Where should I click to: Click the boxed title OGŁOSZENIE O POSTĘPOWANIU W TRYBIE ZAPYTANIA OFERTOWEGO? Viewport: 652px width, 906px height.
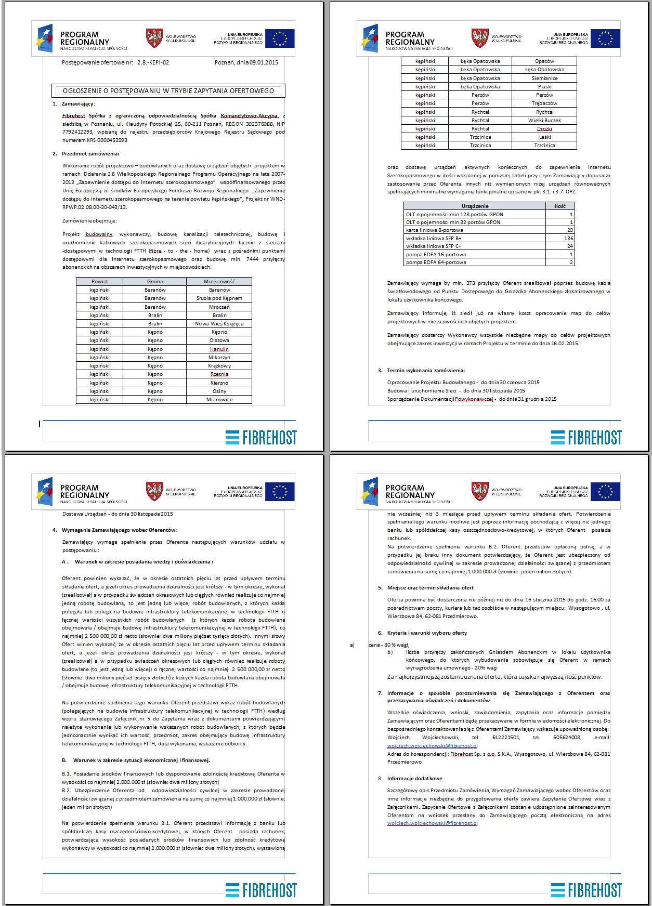pyautogui.click(x=168, y=90)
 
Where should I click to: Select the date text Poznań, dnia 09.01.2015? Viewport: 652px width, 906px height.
pyautogui.click(x=246, y=62)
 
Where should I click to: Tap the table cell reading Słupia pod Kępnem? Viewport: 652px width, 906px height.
pyautogui.click(x=219, y=298)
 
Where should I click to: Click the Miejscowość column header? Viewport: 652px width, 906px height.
pyautogui.click(x=219, y=282)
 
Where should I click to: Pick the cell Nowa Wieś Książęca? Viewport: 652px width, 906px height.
pyautogui.click(x=219, y=323)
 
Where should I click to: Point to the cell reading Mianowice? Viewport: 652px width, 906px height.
pyautogui.click(x=219, y=400)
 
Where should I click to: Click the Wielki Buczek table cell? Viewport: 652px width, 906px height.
pyautogui.click(x=544, y=121)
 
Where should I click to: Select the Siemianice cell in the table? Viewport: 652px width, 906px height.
pyautogui.click(x=544, y=78)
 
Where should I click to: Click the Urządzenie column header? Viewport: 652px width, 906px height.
pyautogui.click(x=475, y=206)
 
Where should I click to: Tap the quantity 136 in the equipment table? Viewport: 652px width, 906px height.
pyautogui.click(x=568, y=239)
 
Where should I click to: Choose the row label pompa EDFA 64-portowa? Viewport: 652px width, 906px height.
pyautogui.click(x=436, y=262)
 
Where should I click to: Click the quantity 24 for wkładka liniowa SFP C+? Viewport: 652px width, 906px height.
pyautogui.click(x=570, y=246)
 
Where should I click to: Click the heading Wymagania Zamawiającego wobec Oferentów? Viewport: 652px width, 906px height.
pyautogui.click(x=119, y=530)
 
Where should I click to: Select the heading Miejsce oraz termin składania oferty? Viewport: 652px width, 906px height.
pyautogui.click(x=430, y=588)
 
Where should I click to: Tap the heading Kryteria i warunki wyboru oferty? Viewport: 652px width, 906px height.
pyautogui.click(x=427, y=633)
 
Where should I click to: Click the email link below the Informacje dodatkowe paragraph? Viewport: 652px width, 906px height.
pyautogui.click(x=432, y=823)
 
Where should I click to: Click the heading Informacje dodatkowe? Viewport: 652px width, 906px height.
pyautogui.click(x=414, y=779)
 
